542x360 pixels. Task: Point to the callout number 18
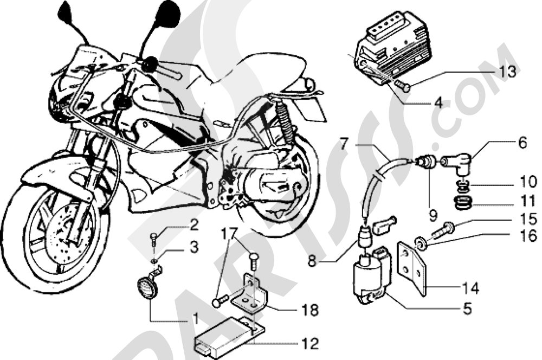311,310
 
